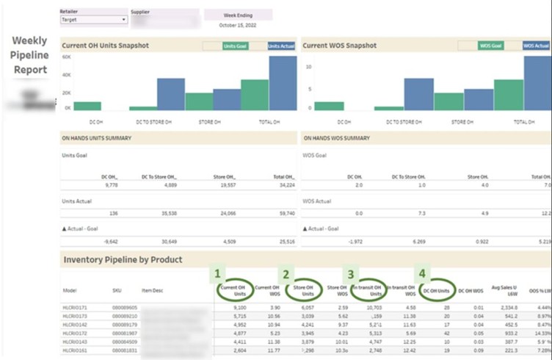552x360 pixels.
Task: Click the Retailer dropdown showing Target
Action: [x=93, y=20]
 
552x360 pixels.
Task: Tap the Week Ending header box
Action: [x=238, y=14]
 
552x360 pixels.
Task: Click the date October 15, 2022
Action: [x=238, y=25]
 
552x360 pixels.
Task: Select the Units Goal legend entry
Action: [x=235, y=46]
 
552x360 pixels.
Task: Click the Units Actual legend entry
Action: [x=282, y=46]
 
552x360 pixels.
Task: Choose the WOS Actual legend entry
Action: [x=536, y=46]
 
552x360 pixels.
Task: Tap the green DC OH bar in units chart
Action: [x=87, y=106]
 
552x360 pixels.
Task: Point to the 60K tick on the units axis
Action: [x=66, y=57]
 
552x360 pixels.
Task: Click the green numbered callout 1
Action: [x=217, y=273]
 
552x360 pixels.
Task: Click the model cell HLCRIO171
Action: [x=76, y=308]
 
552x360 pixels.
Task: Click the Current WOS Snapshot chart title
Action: [x=339, y=46]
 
